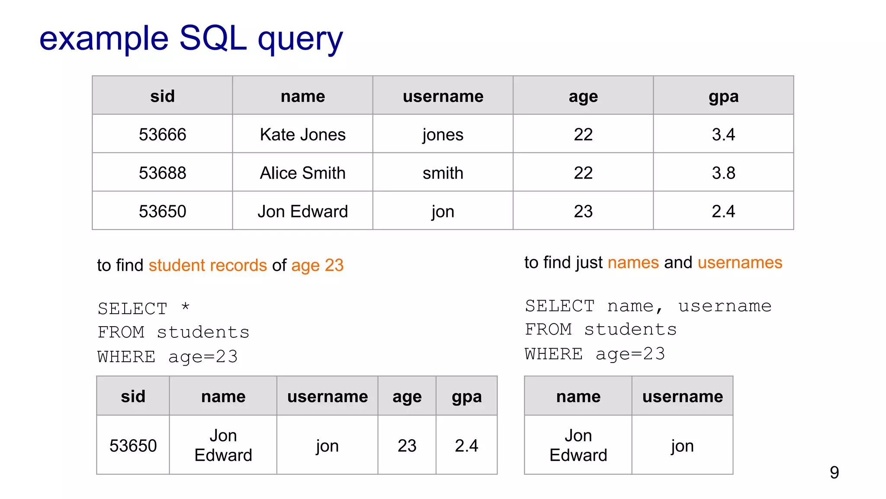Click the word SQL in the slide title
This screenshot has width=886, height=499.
point(212,38)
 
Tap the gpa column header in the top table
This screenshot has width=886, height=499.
point(723,96)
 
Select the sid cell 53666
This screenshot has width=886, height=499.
point(162,135)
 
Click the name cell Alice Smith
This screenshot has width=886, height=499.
point(302,173)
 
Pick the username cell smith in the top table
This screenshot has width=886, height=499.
point(443,173)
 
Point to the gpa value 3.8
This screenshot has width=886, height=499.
point(723,173)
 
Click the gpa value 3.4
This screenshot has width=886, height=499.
point(723,135)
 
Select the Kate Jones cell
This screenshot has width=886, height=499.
point(302,135)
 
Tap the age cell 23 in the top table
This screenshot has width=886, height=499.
point(583,211)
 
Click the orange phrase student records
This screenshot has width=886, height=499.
point(208,265)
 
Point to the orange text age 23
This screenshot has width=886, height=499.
point(317,265)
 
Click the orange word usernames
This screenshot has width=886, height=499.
point(740,262)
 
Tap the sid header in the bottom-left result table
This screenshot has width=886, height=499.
point(133,396)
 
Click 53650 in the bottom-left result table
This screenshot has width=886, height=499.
point(133,446)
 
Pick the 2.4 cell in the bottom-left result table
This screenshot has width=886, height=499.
point(466,446)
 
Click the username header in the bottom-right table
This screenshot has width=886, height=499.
point(682,396)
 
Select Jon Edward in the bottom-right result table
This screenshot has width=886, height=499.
point(578,445)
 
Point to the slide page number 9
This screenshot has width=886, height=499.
point(834,472)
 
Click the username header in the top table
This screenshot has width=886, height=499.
point(443,96)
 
